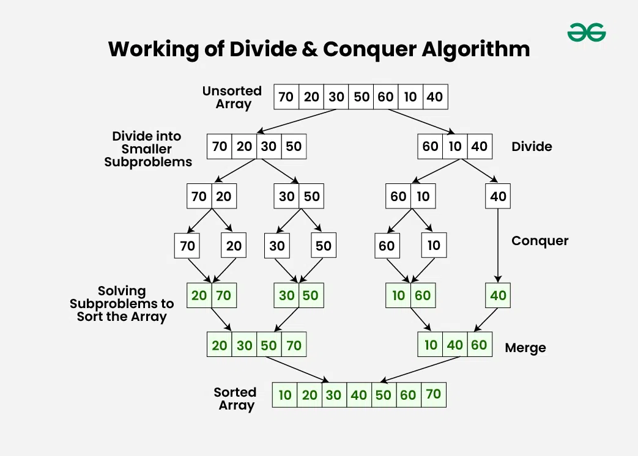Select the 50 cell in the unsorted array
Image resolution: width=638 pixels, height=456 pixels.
pyautogui.click(x=361, y=97)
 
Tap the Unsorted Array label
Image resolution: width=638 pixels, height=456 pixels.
pyautogui.click(x=232, y=97)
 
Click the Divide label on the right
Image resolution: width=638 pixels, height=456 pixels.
pyautogui.click(x=532, y=147)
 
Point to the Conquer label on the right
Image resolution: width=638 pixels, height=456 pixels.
pyautogui.click(x=540, y=241)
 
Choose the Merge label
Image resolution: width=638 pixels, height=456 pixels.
pyautogui.click(x=525, y=348)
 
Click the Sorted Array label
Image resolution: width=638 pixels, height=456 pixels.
pyautogui.click(x=236, y=399)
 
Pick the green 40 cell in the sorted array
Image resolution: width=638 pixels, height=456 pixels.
pyautogui.click(x=358, y=395)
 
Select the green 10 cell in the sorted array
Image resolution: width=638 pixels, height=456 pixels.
pyautogui.click(x=285, y=395)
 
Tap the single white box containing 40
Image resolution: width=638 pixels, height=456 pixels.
pyautogui.click(x=498, y=197)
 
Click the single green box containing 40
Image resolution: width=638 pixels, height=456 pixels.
pyautogui.click(x=498, y=295)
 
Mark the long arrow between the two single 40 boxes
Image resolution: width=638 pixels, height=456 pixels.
pyautogui.click(x=498, y=245)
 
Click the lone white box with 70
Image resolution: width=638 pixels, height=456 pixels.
pyautogui.click(x=187, y=246)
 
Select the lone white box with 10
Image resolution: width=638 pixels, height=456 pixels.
pyautogui.click(x=434, y=246)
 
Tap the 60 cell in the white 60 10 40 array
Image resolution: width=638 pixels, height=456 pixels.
pyautogui.click(x=431, y=147)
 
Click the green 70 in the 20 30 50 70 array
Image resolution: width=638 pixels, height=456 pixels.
pyautogui.click(x=294, y=345)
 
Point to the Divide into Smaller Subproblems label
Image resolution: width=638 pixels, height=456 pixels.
pyautogui.click(x=147, y=149)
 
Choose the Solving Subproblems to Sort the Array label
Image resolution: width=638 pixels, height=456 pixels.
pyautogui.click(x=122, y=304)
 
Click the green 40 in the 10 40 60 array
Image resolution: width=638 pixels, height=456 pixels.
pyautogui.click(x=454, y=345)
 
